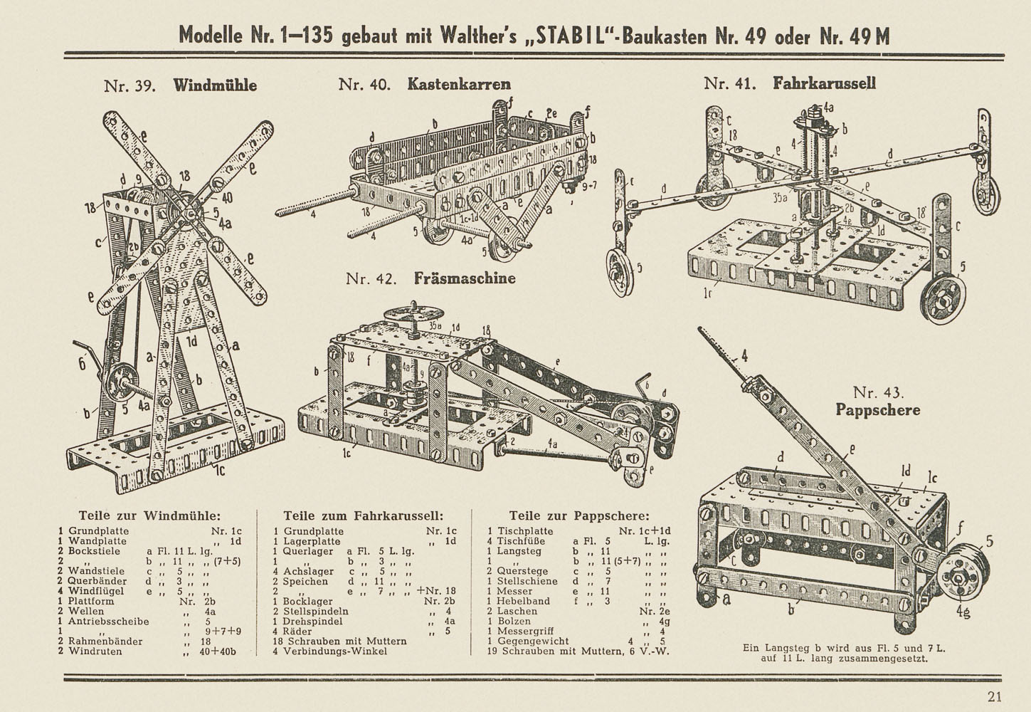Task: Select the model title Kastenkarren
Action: click(459, 84)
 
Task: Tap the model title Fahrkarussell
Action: click(824, 83)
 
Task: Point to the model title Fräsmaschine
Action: click(465, 278)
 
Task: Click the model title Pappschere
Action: click(877, 410)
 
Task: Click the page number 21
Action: click(995, 696)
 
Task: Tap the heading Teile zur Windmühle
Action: click(149, 515)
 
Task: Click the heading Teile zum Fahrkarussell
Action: click(364, 515)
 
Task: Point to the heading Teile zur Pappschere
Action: click(578, 515)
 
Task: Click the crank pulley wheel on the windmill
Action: click(117, 384)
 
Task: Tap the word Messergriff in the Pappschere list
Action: click(532, 631)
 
